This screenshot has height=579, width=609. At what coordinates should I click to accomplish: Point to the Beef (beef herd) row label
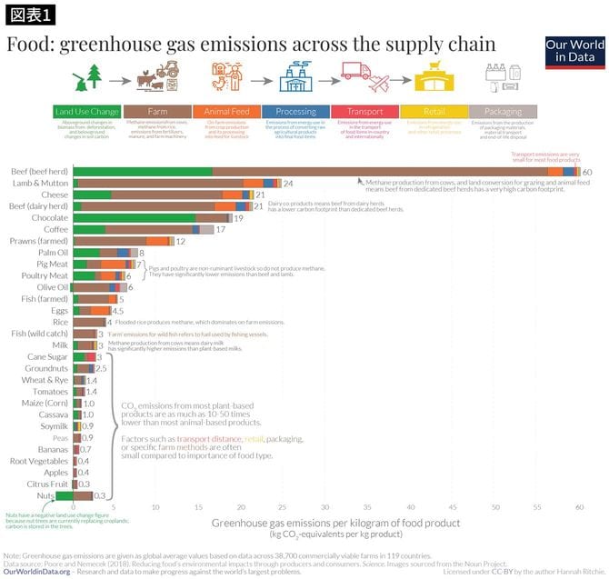(x=38, y=172)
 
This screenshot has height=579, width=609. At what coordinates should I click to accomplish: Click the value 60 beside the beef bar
(x=587, y=172)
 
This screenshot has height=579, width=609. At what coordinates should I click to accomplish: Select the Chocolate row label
(x=50, y=218)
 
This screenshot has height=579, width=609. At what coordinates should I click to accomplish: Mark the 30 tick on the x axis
(x=325, y=505)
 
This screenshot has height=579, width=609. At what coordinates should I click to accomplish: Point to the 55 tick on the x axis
(x=536, y=505)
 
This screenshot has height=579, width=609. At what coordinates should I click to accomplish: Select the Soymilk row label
(x=53, y=425)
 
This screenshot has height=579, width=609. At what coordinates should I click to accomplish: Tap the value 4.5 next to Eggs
(x=117, y=311)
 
